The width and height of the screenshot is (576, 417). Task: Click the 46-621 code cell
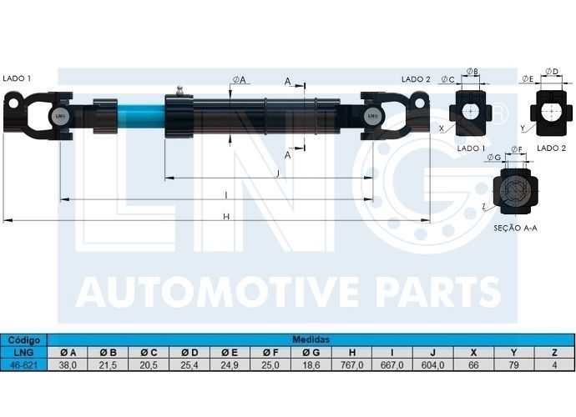[24, 365]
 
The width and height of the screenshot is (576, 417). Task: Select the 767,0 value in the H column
[352, 365]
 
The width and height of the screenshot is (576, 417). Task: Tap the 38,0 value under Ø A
[68, 365]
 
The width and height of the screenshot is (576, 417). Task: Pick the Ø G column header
[311, 353]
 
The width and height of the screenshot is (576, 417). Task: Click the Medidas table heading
[311, 339]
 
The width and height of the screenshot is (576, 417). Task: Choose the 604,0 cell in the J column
[432, 365]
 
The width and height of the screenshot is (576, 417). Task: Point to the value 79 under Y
[513, 365]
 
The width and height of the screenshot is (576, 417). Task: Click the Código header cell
[24, 340]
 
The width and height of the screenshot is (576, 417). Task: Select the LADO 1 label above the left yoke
[17, 78]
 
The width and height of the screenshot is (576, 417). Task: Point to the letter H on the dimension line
[226, 217]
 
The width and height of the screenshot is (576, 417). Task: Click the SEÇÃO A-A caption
[515, 228]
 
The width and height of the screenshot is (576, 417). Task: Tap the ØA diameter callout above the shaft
[239, 80]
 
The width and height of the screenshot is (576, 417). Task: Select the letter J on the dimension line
[278, 173]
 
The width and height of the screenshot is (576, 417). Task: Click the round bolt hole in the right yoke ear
[420, 103]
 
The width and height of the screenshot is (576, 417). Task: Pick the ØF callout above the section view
[516, 149]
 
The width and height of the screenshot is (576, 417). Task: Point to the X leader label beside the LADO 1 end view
[442, 128]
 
